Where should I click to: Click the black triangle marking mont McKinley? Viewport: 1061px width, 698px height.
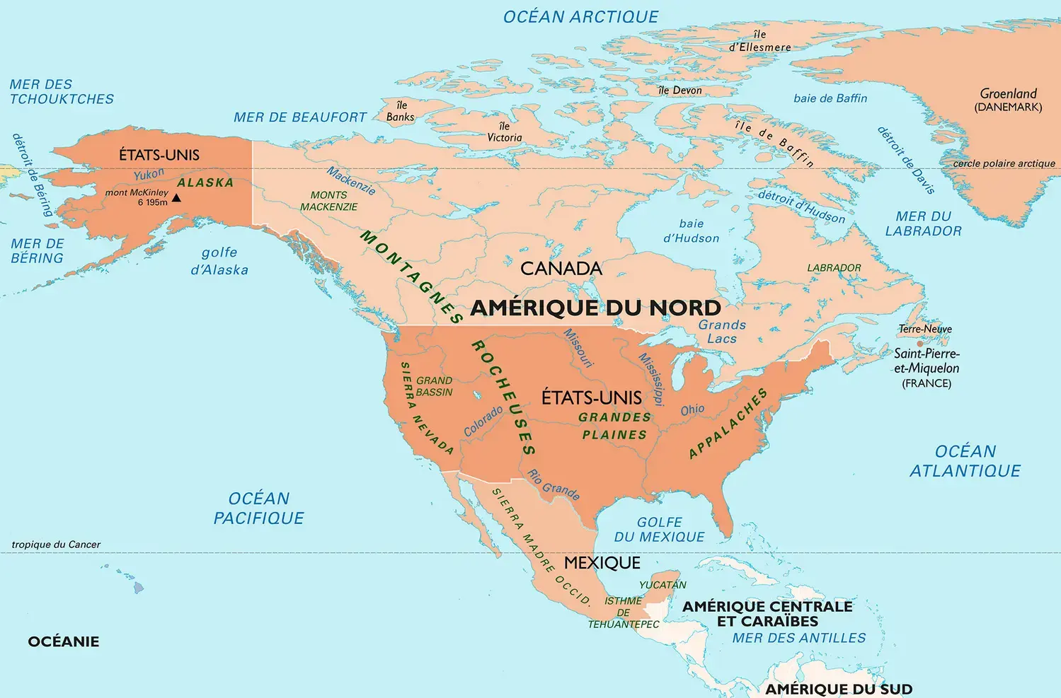pos(177,198)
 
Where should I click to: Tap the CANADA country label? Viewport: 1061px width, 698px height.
pos(561,269)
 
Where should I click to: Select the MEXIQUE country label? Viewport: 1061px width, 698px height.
pos(602,563)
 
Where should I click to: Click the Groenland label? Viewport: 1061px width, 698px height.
pos(1008,94)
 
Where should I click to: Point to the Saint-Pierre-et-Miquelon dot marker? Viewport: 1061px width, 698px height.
pos(920,344)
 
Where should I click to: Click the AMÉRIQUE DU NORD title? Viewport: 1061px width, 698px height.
pos(595,308)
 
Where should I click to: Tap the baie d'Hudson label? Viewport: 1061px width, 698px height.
pos(691,231)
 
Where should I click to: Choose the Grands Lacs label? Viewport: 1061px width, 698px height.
pos(722,332)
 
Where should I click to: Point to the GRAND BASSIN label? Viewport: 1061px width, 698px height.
pos(434,386)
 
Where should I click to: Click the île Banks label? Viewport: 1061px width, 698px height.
pos(401,111)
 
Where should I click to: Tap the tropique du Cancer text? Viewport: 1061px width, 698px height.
pos(56,545)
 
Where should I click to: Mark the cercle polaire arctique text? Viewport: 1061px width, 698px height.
pos(1004,163)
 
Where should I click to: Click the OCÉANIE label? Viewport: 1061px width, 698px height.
pos(64,642)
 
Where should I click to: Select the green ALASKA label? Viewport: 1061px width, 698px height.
pos(205,182)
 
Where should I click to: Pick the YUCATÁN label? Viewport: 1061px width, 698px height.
pos(663,585)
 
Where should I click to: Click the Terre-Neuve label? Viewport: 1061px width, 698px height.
pos(925,329)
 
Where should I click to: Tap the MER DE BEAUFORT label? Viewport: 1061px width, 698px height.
pos(300,117)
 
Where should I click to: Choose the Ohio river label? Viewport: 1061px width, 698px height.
pos(692,410)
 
